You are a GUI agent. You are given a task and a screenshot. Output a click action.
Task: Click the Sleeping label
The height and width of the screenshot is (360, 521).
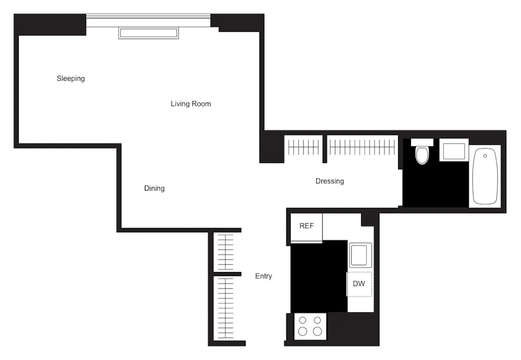click(70, 79)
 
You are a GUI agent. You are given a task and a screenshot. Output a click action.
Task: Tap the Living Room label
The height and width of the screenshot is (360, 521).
click(191, 104)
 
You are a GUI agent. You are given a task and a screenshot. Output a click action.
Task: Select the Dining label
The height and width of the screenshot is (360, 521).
click(154, 188)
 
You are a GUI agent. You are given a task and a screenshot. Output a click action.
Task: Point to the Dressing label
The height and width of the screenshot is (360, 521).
click(329, 181)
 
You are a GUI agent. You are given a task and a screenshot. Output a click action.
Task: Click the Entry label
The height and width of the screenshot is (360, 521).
click(263, 276)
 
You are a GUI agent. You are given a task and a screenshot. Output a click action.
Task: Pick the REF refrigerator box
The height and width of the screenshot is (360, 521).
click(306, 227)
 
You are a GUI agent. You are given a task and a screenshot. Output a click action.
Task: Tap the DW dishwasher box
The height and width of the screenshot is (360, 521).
click(359, 284)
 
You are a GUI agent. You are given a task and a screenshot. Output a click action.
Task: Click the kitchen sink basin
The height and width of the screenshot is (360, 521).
click(359, 255)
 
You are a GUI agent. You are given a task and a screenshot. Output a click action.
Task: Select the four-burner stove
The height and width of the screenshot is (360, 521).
click(310, 326)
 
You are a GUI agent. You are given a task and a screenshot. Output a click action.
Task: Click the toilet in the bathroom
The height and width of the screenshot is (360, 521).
click(422, 155)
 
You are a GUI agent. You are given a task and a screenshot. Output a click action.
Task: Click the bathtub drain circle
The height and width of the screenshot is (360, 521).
click(485, 156)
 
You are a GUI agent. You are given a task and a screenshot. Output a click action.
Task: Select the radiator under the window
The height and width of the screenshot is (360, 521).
click(148, 33)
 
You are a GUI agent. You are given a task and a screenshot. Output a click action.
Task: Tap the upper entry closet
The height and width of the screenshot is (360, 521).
click(226, 252)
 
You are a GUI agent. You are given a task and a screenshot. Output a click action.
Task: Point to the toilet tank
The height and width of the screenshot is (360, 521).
click(422, 142)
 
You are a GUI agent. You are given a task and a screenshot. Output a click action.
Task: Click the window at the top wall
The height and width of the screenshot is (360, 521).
click(148, 20)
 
